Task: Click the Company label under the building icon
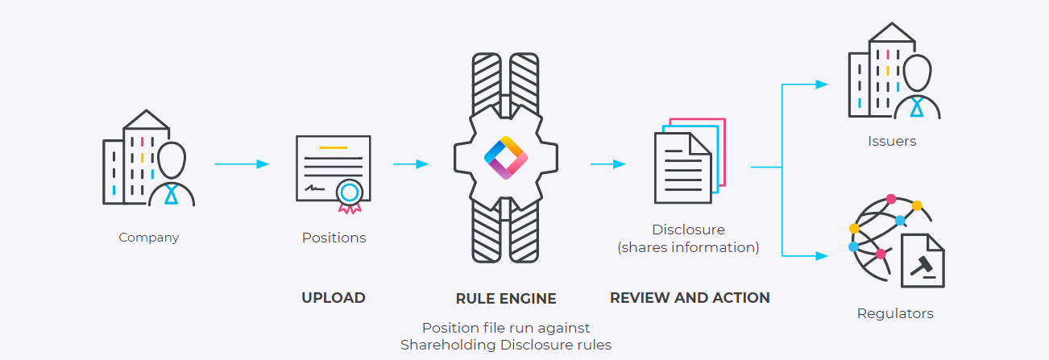click(x=149, y=238)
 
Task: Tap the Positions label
click(x=334, y=238)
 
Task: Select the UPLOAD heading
click(x=334, y=298)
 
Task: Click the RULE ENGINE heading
click(x=506, y=299)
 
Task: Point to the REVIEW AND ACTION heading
click(x=690, y=298)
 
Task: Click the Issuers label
click(x=892, y=142)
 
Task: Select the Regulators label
click(x=895, y=313)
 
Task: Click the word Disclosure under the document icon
click(x=688, y=230)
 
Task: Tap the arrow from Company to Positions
click(x=242, y=164)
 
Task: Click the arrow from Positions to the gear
click(x=411, y=164)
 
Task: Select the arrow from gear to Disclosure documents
click(x=608, y=164)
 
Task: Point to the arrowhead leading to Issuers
click(x=822, y=84)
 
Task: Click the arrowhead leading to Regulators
click(x=822, y=256)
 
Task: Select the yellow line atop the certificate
click(x=333, y=148)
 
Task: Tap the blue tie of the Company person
click(x=171, y=194)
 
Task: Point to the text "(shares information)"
click(x=688, y=248)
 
